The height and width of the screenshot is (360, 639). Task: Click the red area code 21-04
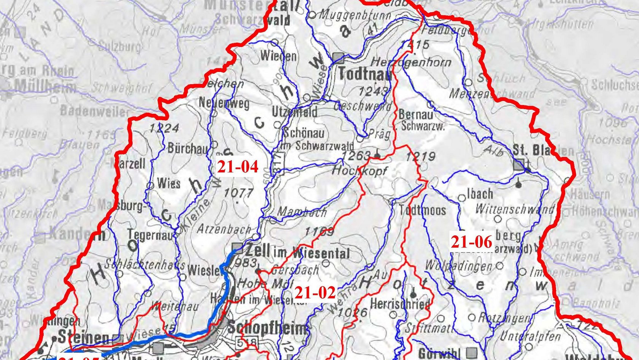tap(238, 167)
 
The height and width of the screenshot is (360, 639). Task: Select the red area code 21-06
tap(471, 242)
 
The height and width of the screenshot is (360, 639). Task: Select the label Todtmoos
tap(422, 210)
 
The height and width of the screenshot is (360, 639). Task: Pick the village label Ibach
tap(480, 194)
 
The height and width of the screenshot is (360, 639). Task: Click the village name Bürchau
tap(188, 148)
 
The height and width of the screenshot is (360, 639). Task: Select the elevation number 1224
tap(164, 128)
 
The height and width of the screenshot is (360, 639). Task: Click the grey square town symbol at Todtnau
tap(338, 58)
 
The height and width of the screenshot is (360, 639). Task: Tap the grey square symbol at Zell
tap(238, 248)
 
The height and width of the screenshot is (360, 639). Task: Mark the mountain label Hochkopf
tap(359, 170)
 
